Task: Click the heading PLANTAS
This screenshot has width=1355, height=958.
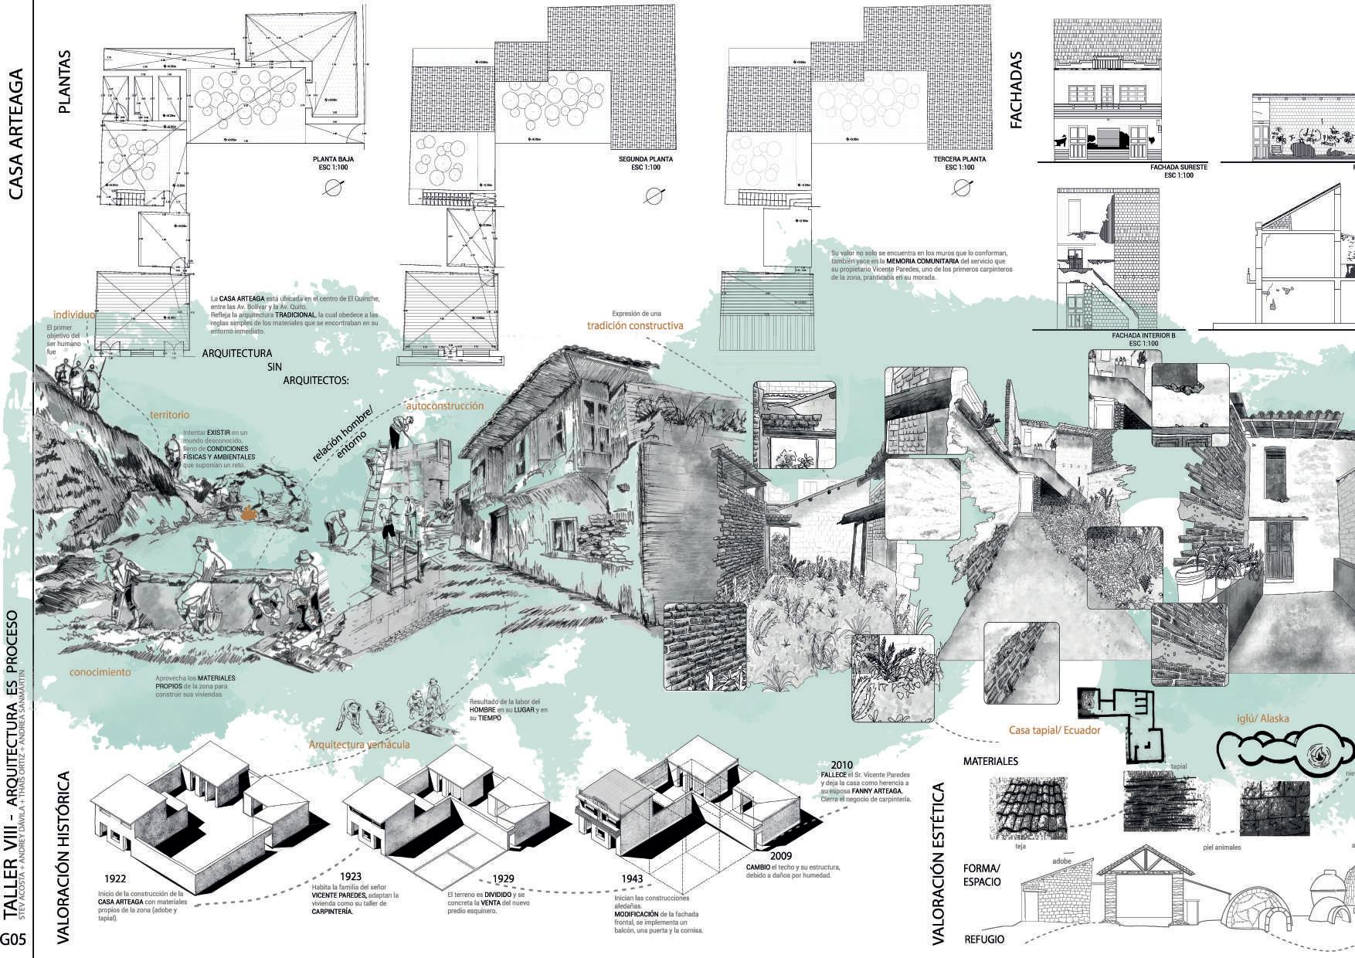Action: tap(64, 83)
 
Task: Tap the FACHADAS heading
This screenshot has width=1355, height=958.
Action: tap(1016, 90)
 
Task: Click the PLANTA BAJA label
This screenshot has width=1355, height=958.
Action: tap(333, 159)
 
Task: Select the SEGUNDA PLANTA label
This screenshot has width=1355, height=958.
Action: tap(646, 159)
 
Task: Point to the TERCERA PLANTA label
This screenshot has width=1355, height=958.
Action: tap(959, 159)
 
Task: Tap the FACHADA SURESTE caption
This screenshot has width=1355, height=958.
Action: tap(1178, 167)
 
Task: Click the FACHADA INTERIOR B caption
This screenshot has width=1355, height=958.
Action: tap(1143, 336)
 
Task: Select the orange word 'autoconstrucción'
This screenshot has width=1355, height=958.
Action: tap(445, 406)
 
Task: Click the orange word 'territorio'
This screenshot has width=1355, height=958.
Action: tap(169, 416)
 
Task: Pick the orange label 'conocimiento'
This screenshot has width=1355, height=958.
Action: tap(100, 672)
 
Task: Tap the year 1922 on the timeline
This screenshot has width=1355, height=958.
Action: tap(115, 878)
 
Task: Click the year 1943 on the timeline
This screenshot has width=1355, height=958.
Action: tap(632, 879)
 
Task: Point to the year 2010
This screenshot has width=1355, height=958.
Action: tap(842, 765)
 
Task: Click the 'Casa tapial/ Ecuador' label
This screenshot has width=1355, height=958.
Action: tap(1054, 730)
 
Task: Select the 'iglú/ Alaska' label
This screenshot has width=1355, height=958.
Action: tap(1263, 718)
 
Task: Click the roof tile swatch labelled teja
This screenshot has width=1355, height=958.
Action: tap(1028, 808)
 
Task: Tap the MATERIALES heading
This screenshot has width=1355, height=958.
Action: tap(990, 761)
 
